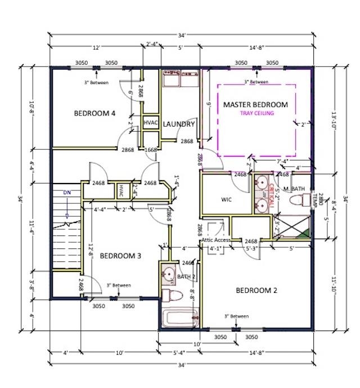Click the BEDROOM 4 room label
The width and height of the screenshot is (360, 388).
point(94,113)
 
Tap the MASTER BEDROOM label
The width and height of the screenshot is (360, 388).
point(255,105)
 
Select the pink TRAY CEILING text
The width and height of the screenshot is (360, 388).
point(256,113)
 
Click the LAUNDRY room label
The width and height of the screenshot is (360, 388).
point(179,124)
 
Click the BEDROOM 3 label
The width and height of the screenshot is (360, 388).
point(120,256)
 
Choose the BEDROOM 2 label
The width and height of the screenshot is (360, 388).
point(256,291)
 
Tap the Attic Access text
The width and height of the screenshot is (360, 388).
point(215,240)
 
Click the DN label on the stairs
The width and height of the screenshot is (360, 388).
point(67,193)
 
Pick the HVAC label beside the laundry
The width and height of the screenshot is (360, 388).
point(150,122)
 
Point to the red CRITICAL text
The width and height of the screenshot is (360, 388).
point(271,195)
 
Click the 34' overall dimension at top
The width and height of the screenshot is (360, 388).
point(181,35)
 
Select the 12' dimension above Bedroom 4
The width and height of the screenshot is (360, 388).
point(96,48)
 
